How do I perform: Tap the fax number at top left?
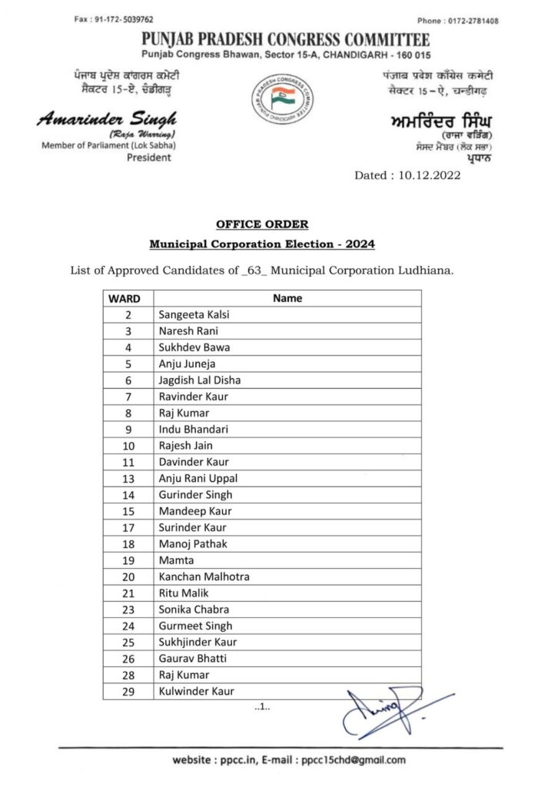tap(114, 19)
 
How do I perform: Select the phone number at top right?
tap(468, 21)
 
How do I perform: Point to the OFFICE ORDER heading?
tap(262, 224)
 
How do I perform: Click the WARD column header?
tap(124, 298)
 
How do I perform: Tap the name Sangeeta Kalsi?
tap(194, 314)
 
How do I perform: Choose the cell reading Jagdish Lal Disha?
tap(199, 380)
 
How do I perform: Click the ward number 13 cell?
tap(128, 478)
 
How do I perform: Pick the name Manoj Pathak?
tap(192, 543)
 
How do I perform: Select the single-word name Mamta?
tap(176, 560)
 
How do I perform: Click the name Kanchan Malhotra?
tap(204, 576)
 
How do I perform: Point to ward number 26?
tap(128, 659)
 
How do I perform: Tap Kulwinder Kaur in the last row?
tap(197, 691)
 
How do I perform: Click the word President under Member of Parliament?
tap(149, 158)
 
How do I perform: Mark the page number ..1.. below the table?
tap(262, 708)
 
